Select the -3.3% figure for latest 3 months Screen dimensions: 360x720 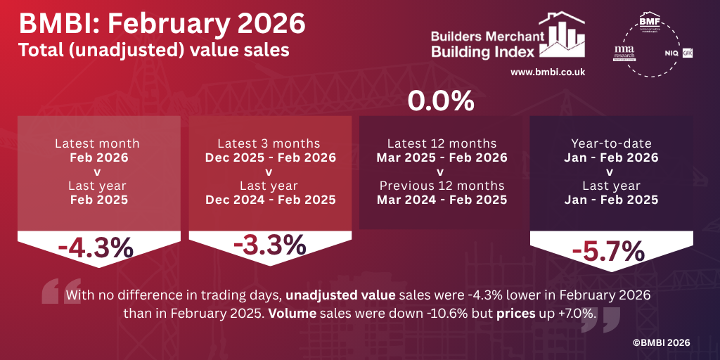pyautogui.click(x=270, y=245)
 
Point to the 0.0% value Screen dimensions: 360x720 pyautogui.click(x=441, y=102)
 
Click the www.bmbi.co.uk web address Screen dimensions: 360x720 pyautogui.click(x=548, y=72)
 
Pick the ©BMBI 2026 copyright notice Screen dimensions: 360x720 pyautogui.click(x=660, y=342)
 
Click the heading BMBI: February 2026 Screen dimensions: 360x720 pyautogui.click(x=162, y=24)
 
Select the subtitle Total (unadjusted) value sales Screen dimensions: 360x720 pyautogui.click(x=153, y=51)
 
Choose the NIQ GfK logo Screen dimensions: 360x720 pyautogui.click(x=679, y=53)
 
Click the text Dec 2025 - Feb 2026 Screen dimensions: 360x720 pyautogui.click(x=270, y=157)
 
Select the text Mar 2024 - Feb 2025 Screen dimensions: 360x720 pyautogui.click(x=442, y=200)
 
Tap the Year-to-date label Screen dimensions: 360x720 pyautogui.click(x=610, y=143)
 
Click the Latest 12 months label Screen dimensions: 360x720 pyautogui.click(x=442, y=143)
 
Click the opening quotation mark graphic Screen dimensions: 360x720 pyautogui.click(x=52, y=290)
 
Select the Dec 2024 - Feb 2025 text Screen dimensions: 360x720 pyautogui.click(x=270, y=200)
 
